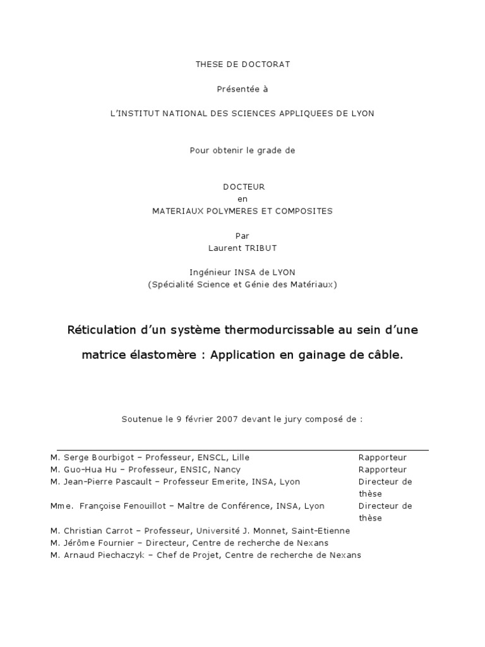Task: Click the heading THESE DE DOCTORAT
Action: tap(243, 64)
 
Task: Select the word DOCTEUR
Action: tap(243, 187)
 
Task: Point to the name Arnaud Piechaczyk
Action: tap(104, 555)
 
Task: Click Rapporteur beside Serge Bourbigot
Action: tap(383, 457)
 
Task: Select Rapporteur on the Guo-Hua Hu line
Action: tap(383, 469)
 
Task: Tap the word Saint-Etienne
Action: tap(323, 531)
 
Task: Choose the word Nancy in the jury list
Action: tap(227, 469)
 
